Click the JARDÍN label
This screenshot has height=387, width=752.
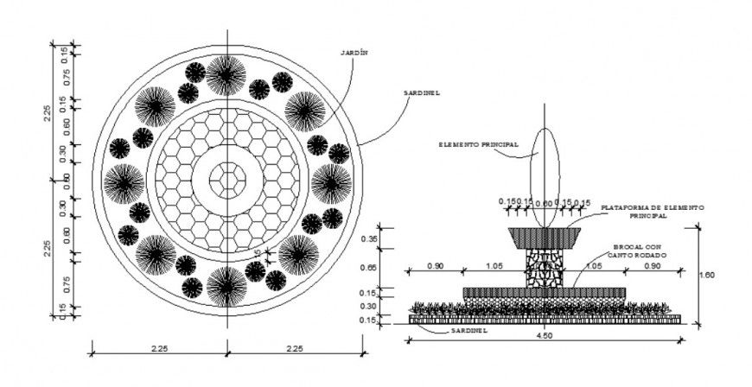point(356,53)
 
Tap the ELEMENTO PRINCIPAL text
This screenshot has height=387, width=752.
point(478,144)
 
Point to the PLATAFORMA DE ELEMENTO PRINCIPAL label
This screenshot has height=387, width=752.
point(653,212)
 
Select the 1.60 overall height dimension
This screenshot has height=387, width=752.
point(707,274)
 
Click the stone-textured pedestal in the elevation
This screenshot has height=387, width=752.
point(545,266)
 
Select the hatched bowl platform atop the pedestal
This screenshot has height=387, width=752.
point(545,236)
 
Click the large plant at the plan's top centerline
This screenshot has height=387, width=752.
point(226,74)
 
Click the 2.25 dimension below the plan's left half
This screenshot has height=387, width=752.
point(159,350)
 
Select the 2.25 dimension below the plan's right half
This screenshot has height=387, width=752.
point(296,350)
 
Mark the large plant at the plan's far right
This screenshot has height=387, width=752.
point(331,182)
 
